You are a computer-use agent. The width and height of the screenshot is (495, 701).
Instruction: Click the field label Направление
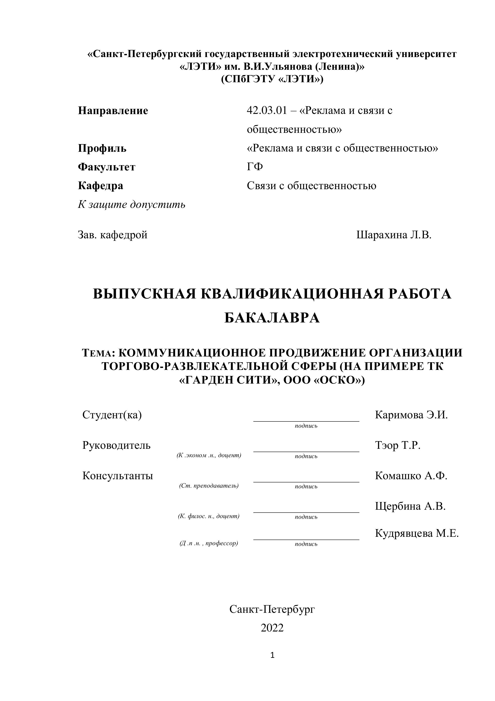(x=113, y=111)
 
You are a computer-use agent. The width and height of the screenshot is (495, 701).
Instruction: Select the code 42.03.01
(x=267, y=111)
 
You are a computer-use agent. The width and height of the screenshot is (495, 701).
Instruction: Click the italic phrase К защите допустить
(x=131, y=204)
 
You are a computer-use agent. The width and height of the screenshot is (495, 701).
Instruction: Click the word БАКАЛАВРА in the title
(x=272, y=318)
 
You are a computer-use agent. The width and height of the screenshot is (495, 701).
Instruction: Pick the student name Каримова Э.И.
(x=411, y=415)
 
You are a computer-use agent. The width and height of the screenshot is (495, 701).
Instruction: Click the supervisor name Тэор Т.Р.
(x=398, y=445)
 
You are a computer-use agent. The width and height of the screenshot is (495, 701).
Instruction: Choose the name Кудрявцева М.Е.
(x=417, y=533)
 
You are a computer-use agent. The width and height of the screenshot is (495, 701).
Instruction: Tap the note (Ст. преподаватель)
(x=209, y=486)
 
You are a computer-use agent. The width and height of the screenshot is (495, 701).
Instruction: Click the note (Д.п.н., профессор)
(x=209, y=543)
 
